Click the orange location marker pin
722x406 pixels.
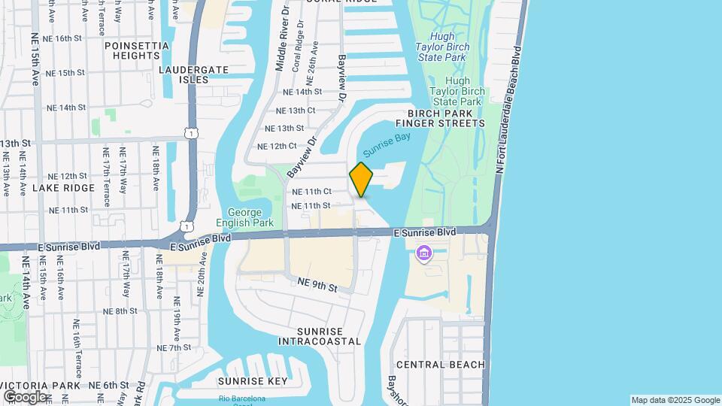click(362, 179)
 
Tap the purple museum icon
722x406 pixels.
click(425, 254)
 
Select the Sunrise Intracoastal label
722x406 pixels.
click(320, 336)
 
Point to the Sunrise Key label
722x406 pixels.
click(253, 381)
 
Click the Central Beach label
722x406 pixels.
click(441, 365)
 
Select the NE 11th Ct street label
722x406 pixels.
click(311, 192)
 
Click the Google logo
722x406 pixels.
click(25, 397)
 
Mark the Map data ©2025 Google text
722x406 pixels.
click(675, 400)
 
